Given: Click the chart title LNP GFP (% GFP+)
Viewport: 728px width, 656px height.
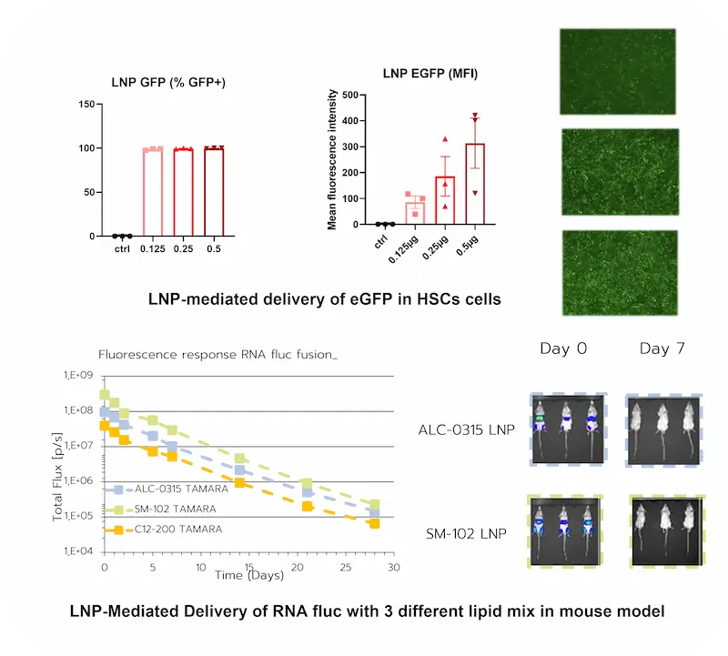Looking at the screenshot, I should tap(169, 83).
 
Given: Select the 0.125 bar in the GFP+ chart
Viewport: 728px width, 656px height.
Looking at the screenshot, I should tap(153, 192).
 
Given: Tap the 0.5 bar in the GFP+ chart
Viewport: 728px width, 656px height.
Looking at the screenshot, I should tap(214, 191).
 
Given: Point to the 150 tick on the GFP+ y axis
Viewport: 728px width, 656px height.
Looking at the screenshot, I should tap(87, 104).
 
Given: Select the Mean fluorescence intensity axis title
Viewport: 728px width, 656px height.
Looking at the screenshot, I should tap(332, 158).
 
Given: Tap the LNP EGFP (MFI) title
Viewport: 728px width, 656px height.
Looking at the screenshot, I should tap(430, 73).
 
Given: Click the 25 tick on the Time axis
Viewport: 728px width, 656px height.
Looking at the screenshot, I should tap(344, 567).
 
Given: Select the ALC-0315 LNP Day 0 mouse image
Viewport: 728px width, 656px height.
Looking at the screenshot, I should tap(566, 429).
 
